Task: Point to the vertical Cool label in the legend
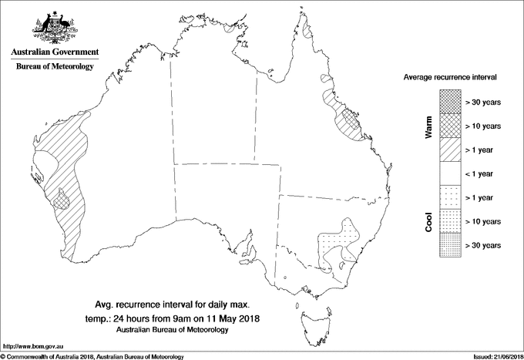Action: coord(428,220)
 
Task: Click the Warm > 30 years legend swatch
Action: coord(451,101)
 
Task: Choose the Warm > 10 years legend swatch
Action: coord(451,125)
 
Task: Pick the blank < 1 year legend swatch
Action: coord(451,173)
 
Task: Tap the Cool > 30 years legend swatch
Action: coord(451,244)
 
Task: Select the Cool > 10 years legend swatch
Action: coord(451,220)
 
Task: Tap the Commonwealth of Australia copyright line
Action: coord(92,355)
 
